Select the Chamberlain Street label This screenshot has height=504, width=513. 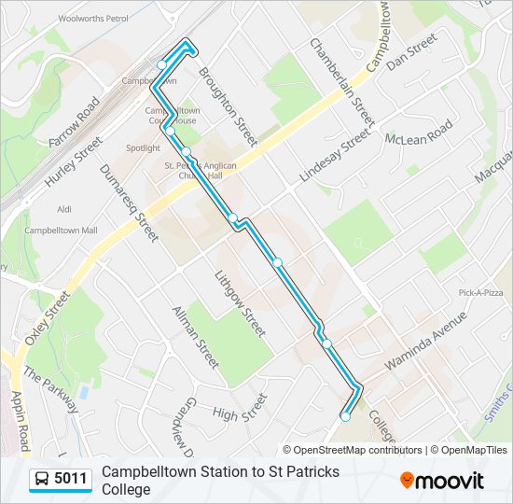click(341, 83)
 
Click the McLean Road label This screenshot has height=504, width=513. click(419, 132)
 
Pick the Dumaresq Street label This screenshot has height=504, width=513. click(129, 200)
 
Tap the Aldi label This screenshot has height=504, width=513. click(64, 210)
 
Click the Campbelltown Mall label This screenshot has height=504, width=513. click(61, 230)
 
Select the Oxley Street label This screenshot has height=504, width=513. click(48, 317)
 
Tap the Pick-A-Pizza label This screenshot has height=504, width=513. click(480, 293)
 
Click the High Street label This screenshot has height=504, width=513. click(240, 408)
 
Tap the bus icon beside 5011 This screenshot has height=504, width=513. click(43, 480)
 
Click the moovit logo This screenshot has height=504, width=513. click(442, 481)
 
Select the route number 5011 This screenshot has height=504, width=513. click(71, 480)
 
